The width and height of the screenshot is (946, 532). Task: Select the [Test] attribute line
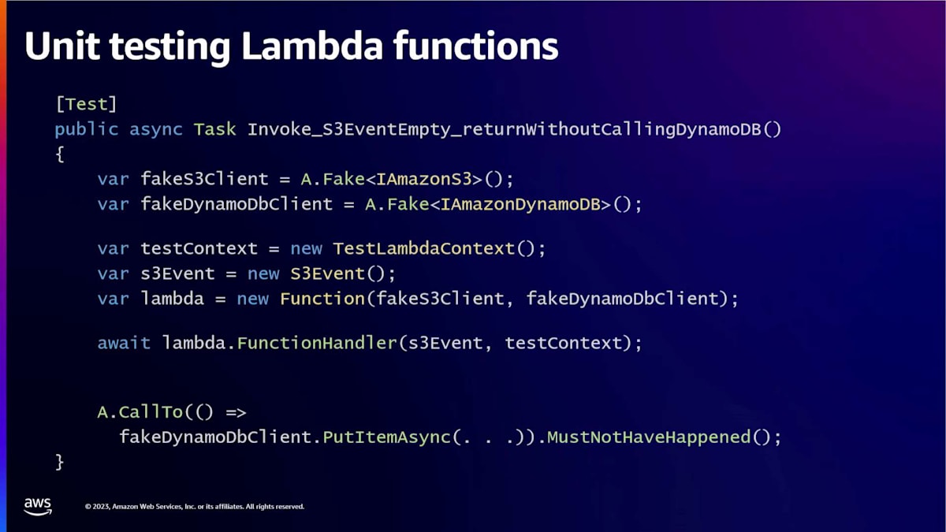click(86, 103)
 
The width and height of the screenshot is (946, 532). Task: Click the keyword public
click(86, 128)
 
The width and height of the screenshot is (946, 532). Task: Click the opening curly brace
click(60, 154)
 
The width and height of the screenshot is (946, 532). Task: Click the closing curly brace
click(60, 461)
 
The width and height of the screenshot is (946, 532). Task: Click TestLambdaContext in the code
click(424, 248)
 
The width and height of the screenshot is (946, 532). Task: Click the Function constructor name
click(322, 299)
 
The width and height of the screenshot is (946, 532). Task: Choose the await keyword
click(124, 343)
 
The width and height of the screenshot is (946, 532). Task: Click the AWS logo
click(38, 506)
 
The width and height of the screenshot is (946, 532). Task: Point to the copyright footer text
click(194, 507)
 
